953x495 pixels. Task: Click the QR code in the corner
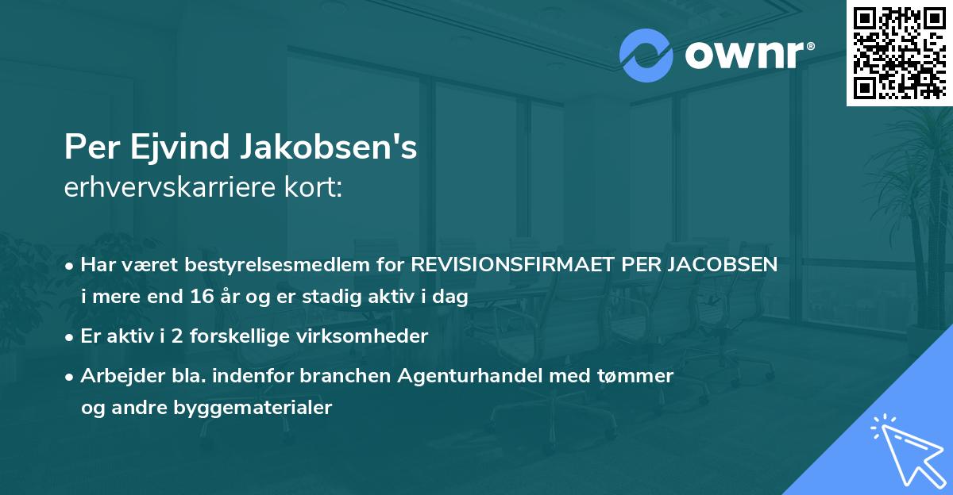point(899,53)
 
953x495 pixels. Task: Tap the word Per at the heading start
point(88,148)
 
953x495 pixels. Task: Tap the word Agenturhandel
point(479,375)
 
